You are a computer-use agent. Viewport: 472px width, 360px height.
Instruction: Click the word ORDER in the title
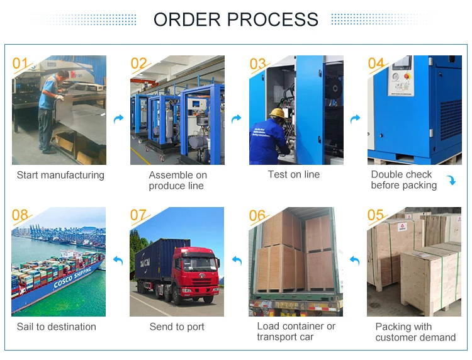click(x=187, y=20)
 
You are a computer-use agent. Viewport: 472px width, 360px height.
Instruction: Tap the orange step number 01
click(x=20, y=63)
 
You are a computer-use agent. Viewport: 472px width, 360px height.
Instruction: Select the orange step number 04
click(x=376, y=63)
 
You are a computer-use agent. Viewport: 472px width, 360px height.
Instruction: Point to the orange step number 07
click(x=138, y=215)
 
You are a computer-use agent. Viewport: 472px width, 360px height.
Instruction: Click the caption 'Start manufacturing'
click(x=60, y=175)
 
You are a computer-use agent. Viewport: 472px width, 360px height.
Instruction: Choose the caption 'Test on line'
click(x=294, y=174)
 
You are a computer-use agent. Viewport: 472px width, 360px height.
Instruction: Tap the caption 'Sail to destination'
click(x=56, y=327)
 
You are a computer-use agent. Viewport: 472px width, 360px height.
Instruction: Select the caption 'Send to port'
click(x=177, y=327)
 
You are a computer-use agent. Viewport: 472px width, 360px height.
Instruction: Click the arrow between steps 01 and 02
click(x=118, y=119)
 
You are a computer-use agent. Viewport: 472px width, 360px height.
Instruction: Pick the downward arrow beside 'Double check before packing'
click(x=451, y=180)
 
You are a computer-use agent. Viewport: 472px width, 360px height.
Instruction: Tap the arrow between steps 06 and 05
click(x=355, y=261)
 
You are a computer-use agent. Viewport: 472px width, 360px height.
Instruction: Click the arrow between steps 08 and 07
click(x=118, y=261)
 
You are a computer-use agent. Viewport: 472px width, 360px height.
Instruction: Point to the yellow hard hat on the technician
click(x=278, y=113)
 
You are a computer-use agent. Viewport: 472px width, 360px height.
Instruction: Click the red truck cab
click(x=196, y=271)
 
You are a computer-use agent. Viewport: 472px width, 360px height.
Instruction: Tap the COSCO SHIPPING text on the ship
click(x=72, y=277)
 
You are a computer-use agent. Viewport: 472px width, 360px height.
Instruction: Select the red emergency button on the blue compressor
click(x=407, y=76)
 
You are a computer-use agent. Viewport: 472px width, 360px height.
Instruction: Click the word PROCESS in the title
click(x=273, y=20)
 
